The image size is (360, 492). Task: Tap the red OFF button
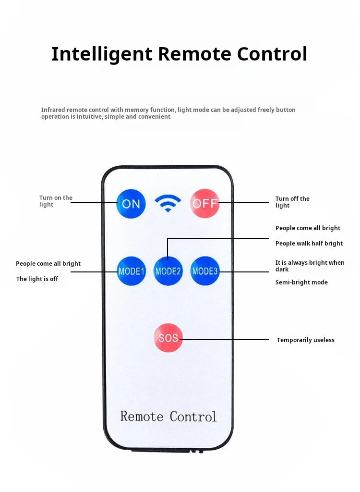(205, 203)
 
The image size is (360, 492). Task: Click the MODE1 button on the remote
(131, 271)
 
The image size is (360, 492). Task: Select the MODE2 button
(168, 271)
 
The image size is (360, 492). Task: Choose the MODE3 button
(205, 271)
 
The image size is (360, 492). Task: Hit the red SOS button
(168, 338)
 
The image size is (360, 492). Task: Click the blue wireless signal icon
(168, 204)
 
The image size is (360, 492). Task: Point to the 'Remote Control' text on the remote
(168, 416)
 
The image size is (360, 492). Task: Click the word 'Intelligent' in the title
(102, 54)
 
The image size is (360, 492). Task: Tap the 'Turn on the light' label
(55, 201)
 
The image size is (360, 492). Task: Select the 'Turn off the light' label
(292, 202)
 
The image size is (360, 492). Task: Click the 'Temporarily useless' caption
(305, 340)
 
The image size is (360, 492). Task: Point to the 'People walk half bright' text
(309, 244)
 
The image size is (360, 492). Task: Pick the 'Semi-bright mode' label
(301, 283)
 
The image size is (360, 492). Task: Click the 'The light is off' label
(37, 279)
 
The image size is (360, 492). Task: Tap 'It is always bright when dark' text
(310, 266)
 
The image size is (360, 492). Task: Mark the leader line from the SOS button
(226, 340)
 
